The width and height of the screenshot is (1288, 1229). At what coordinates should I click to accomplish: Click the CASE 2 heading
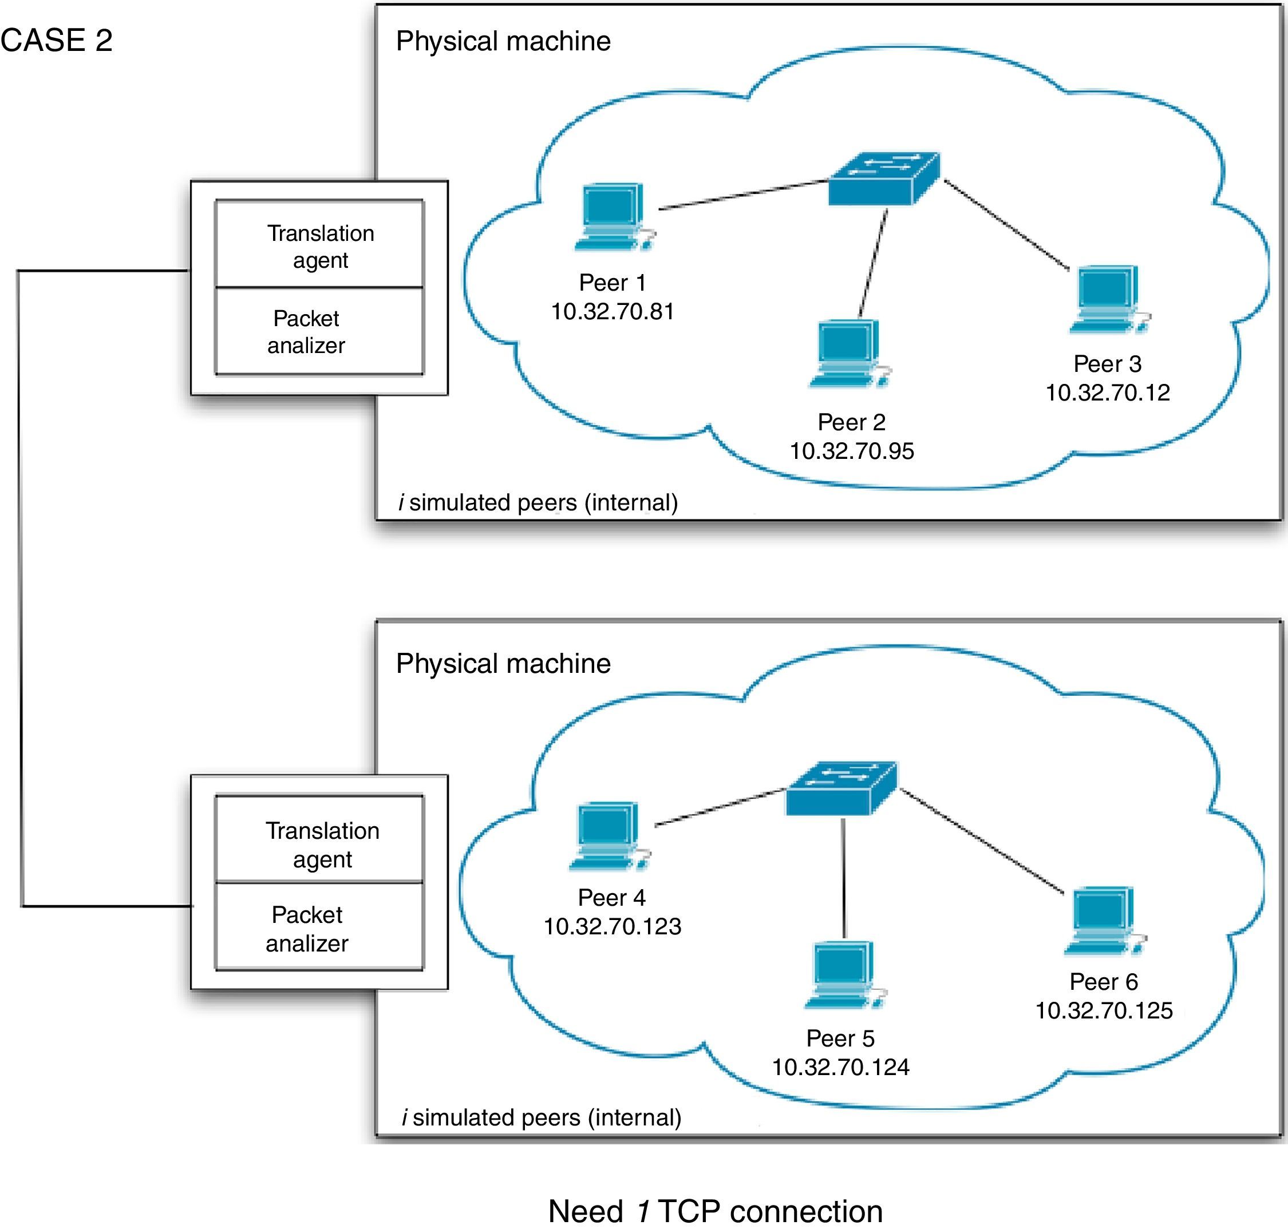tap(56, 41)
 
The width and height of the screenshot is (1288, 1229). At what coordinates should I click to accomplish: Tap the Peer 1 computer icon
tap(613, 216)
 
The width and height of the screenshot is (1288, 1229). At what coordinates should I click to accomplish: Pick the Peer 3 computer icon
tap(1108, 299)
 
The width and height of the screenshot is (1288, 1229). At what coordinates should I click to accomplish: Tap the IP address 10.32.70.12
tap(1107, 393)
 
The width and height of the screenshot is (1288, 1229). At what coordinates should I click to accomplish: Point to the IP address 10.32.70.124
tap(840, 1067)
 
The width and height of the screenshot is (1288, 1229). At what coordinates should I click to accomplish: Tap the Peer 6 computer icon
tap(1103, 920)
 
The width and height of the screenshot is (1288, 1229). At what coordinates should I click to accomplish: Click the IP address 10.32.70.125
tap(1103, 1010)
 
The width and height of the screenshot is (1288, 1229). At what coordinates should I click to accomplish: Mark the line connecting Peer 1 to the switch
tap(744, 195)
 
